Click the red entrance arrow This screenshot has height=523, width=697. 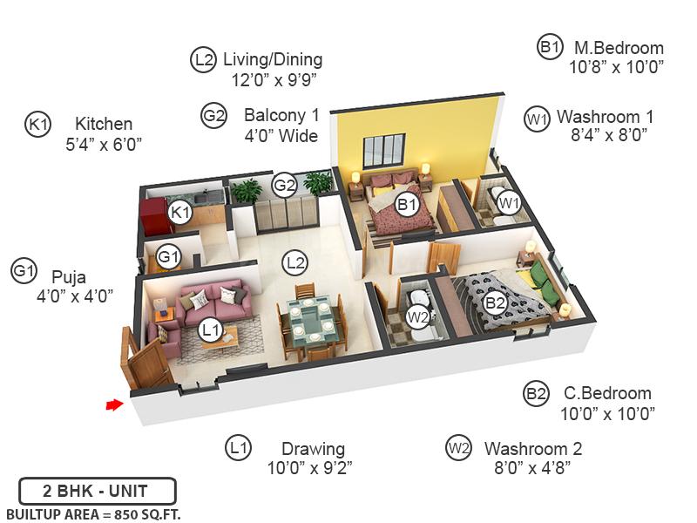[x=113, y=404]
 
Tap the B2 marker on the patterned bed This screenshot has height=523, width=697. [x=495, y=303]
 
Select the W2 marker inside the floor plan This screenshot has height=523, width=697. [x=419, y=317]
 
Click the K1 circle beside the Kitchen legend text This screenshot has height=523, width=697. [x=38, y=125]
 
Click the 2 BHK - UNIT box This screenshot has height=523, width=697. [x=97, y=491]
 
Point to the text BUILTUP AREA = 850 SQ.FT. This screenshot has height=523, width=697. [x=93, y=514]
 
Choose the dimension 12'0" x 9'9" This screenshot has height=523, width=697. [x=273, y=79]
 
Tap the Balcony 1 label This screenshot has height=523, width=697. [x=281, y=115]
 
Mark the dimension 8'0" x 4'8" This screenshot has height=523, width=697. [x=532, y=468]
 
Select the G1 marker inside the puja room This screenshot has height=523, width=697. [x=169, y=257]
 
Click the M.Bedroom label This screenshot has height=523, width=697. [x=618, y=48]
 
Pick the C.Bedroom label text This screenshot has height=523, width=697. [x=607, y=393]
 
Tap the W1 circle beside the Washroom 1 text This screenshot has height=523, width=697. [x=537, y=118]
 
